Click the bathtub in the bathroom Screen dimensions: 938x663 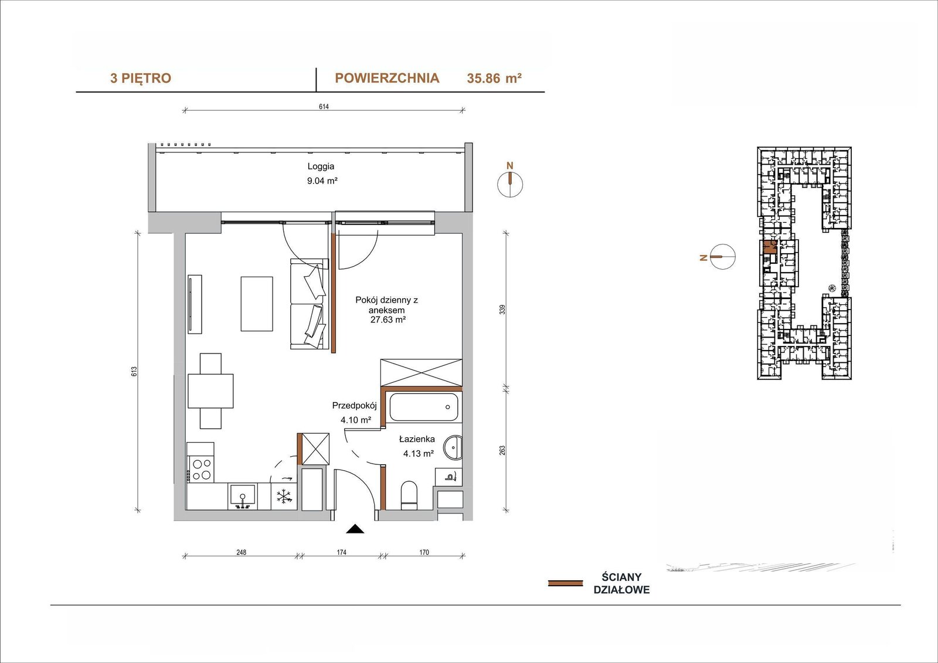tap(424, 407)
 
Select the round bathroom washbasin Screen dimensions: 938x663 tap(453, 448)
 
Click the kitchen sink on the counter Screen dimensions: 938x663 tap(243, 497)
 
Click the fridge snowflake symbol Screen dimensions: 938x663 tap(284, 497)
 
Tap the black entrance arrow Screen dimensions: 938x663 tap(355, 529)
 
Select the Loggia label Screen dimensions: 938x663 tap(321, 166)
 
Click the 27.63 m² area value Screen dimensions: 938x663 tap(388, 320)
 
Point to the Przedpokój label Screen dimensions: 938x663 tap(355, 406)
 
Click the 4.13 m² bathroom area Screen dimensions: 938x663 tap(419, 453)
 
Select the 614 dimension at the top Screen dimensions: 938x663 tap(324, 106)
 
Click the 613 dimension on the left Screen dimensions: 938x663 tap(134, 372)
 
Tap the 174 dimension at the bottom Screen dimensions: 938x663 tap(342, 552)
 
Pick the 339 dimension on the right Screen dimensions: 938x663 tap(502, 309)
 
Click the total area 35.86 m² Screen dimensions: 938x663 tap(494, 79)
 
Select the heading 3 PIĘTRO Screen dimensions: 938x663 tap(141, 79)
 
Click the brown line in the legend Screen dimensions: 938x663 tap(565, 583)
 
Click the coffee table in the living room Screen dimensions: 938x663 tap(257, 304)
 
